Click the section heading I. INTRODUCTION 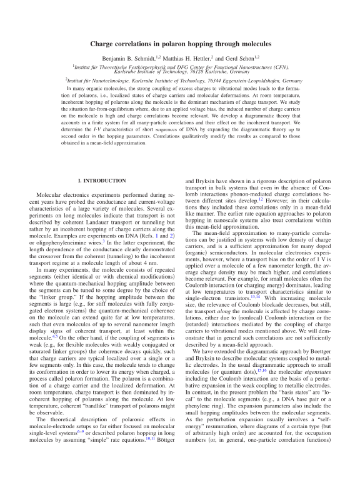101,181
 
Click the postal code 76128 206,71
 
